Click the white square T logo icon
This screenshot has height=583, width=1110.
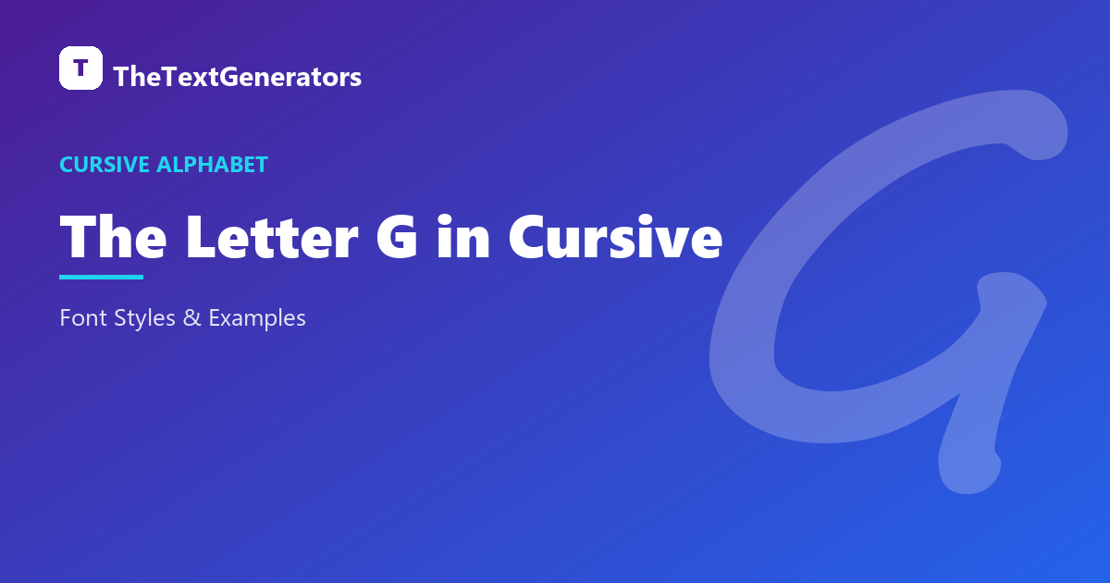[x=80, y=68]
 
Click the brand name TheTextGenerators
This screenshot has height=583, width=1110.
[x=238, y=77]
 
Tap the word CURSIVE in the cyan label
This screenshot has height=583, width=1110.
[x=105, y=165]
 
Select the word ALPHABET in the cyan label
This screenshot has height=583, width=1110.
[x=212, y=165]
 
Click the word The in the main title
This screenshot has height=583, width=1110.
[x=113, y=237]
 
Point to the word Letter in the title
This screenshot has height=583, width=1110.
[x=272, y=237]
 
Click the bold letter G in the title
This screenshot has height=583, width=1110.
[x=397, y=237]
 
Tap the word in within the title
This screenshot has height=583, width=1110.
[x=463, y=236]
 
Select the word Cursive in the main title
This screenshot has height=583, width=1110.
[x=615, y=236]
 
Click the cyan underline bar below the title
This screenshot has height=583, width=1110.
[x=101, y=277]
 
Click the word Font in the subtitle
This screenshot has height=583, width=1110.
[x=83, y=317]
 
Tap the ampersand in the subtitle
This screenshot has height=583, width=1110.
[x=192, y=317]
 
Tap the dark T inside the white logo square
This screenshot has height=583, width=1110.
[x=80, y=68]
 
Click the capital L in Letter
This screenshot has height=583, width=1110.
[x=201, y=237]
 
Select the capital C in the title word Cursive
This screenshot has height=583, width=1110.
[x=528, y=237]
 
